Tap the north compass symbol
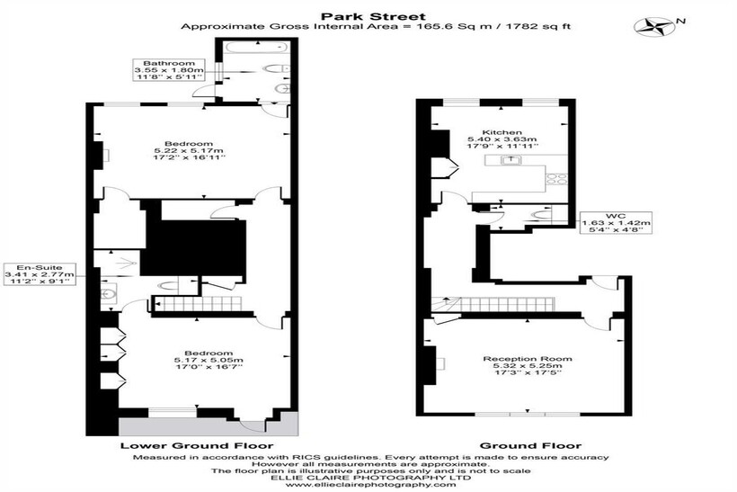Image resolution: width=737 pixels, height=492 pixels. click(653, 27)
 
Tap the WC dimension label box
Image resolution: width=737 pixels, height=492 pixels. click(616, 222)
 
